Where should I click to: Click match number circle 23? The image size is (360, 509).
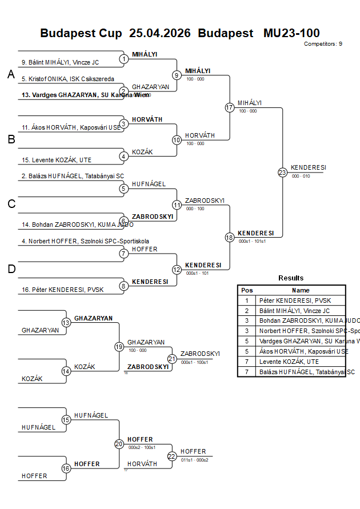282,173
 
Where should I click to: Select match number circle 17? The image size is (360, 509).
230,107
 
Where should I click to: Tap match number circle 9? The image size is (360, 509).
177,75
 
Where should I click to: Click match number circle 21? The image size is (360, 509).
172,358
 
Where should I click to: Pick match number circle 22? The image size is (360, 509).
172,456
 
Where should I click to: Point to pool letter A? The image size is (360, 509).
11,75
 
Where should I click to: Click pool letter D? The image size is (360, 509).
11,269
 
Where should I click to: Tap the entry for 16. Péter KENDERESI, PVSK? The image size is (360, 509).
55,290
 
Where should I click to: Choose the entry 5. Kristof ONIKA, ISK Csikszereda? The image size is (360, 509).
67,79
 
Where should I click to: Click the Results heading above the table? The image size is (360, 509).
291,278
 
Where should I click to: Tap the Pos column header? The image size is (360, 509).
247,290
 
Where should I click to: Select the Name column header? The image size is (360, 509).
301,290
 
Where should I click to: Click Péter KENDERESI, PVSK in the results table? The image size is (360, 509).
295,300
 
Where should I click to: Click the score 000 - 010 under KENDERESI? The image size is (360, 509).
301,177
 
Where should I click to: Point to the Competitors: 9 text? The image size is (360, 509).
323,44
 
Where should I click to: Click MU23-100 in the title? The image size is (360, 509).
291,33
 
